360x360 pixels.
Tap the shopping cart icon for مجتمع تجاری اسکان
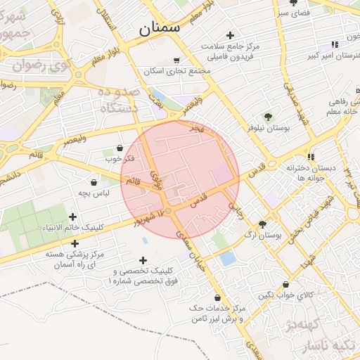[176, 60]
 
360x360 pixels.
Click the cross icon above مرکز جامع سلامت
[230, 35]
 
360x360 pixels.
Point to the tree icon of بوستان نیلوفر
[267, 117]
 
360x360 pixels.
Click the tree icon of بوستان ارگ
[262, 224]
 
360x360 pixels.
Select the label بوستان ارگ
[263, 236]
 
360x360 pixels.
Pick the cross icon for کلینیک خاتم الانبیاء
[72, 217]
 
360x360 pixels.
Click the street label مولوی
[159, 181]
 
